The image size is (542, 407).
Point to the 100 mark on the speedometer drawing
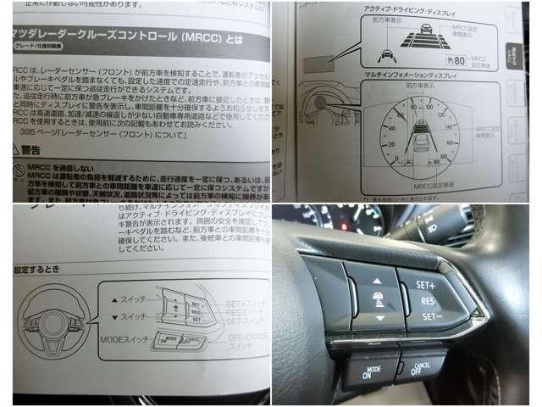click(431, 109)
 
